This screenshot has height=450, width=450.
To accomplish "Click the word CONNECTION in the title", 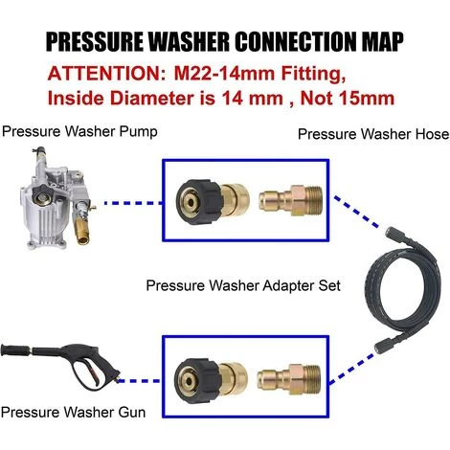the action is (x=296, y=41).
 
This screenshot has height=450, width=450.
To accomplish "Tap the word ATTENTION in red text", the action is (x=105, y=74).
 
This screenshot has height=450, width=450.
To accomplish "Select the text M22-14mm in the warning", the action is (x=224, y=74).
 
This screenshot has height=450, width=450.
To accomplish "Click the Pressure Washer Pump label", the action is (x=79, y=132).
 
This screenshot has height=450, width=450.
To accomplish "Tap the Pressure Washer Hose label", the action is (x=373, y=134).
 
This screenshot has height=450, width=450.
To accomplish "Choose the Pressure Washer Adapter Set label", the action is (x=243, y=285).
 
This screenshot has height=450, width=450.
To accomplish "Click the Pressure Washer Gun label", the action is (x=73, y=412).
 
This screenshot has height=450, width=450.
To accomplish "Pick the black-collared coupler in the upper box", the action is (x=213, y=202).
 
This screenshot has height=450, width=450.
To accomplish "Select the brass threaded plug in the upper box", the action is (x=290, y=201).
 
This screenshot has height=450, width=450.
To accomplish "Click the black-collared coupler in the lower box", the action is (x=211, y=382).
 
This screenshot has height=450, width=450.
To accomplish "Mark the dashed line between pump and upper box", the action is (x=133, y=203).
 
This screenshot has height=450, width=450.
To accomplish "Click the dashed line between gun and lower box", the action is (x=139, y=381).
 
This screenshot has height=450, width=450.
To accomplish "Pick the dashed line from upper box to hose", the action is (x=356, y=212).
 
